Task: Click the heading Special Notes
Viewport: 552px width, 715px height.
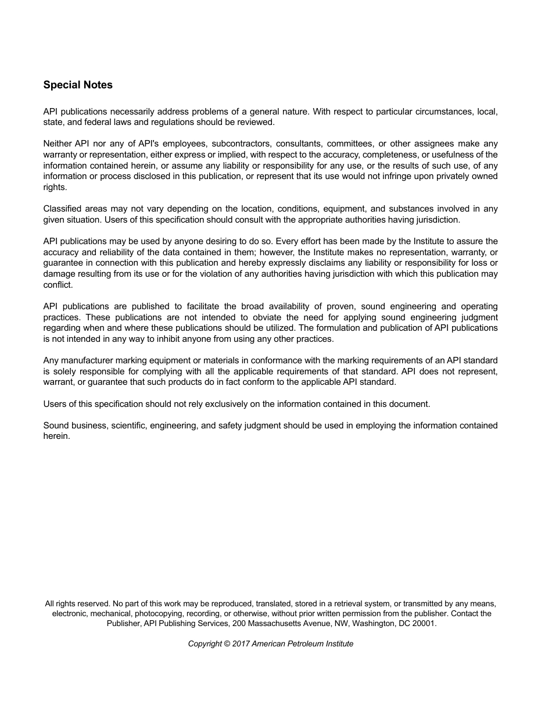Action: (x=78, y=85)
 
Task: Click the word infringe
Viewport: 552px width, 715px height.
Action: (x=393, y=176)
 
